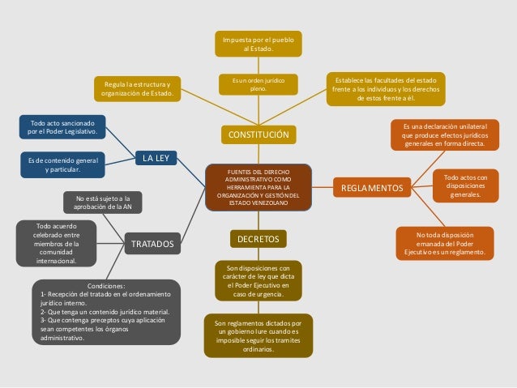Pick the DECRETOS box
pyautogui.click(x=258, y=239)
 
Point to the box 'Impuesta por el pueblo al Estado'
pyautogui.click(x=258, y=44)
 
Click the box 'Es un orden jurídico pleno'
pyautogui.click(x=258, y=83)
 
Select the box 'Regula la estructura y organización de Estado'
pyautogui.click(x=137, y=87)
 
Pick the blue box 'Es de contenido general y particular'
pyautogui.click(x=62, y=164)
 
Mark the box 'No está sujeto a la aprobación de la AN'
pyautogui.click(x=103, y=202)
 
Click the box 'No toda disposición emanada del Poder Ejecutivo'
pyautogui.click(x=445, y=242)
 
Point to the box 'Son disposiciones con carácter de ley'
pyautogui.click(x=258, y=279)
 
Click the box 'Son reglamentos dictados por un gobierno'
pyautogui.click(x=258, y=335)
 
